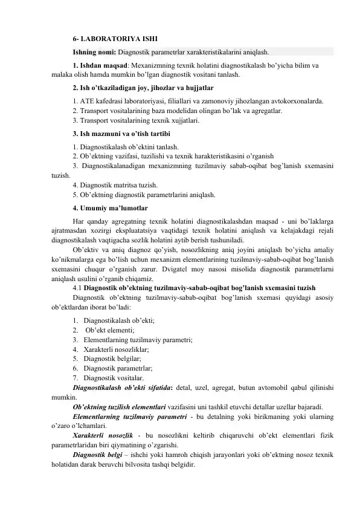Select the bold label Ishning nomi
click(94, 51)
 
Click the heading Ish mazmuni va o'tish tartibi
click(121, 134)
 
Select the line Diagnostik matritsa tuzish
click(115, 185)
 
